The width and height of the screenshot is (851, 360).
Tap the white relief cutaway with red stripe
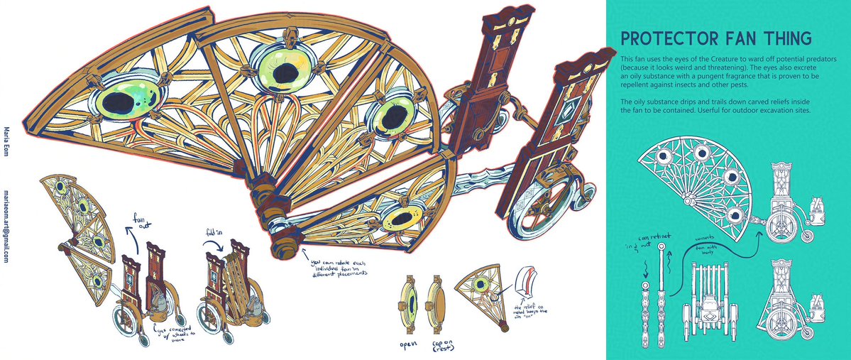527,285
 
